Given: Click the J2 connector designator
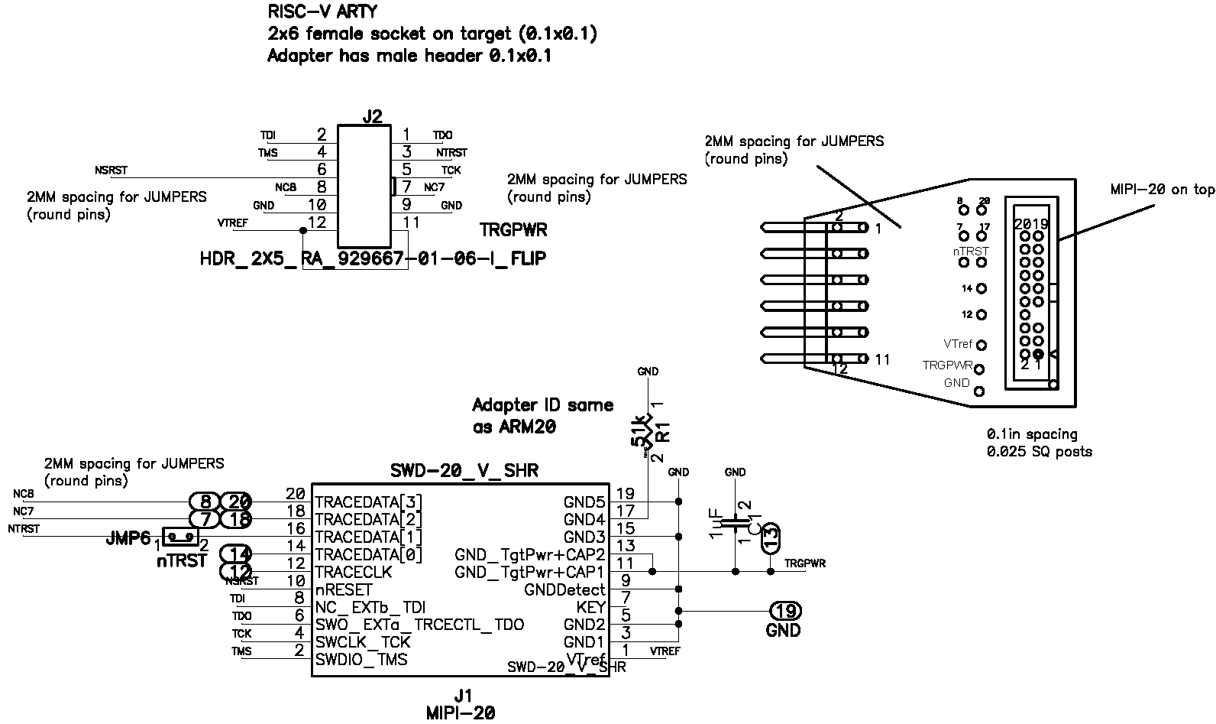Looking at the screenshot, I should click(x=372, y=117).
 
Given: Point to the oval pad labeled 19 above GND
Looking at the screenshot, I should click(x=784, y=611).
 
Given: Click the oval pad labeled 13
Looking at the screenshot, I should click(x=771, y=537).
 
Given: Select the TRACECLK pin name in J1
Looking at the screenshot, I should click(x=353, y=572).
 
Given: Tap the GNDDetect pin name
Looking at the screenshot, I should click(x=564, y=590).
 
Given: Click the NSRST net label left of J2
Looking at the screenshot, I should click(x=112, y=170).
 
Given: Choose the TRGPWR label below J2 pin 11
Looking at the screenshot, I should click(x=513, y=230).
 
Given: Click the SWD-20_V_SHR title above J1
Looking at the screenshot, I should click(x=464, y=471).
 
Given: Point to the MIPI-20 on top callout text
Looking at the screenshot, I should click(x=1161, y=190).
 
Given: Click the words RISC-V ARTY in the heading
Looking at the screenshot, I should click(x=322, y=12).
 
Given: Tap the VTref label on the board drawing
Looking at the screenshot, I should click(x=958, y=344).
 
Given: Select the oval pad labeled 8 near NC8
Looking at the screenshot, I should click(x=205, y=502).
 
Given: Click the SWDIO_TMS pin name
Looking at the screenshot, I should click(x=361, y=659).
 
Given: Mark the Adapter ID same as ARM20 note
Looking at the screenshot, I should click(x=542, y=416).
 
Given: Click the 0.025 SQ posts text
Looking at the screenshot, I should click(x=1039, y=452).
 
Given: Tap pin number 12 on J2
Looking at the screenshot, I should click(x=316, y=222).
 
